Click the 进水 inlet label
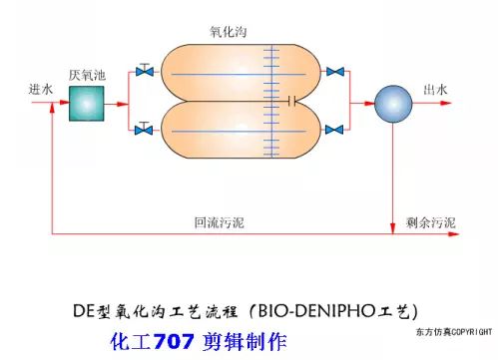(x=39, y=91)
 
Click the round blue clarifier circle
(x=391, y=103)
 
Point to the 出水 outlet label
(x=436, y=90)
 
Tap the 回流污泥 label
(x=214, y=221)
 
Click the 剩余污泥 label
(x=431, y=221)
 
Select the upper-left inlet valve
(x=146, y=71)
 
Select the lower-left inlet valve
(x=146, y=127)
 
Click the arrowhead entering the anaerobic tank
(x=64, y=103)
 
